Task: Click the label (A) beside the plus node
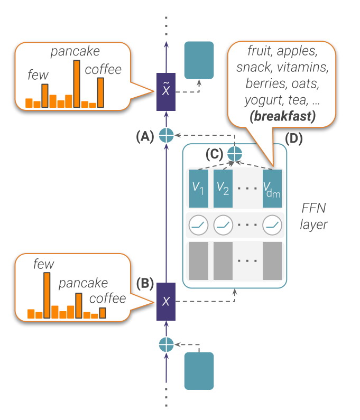144,136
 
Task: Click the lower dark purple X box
166,302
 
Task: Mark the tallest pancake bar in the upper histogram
77,84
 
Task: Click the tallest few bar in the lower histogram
47,295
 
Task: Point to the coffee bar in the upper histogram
100,93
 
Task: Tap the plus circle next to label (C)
234,154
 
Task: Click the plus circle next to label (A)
167,135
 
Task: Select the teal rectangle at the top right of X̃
199,60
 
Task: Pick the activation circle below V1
198,226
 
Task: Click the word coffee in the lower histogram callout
107,298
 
